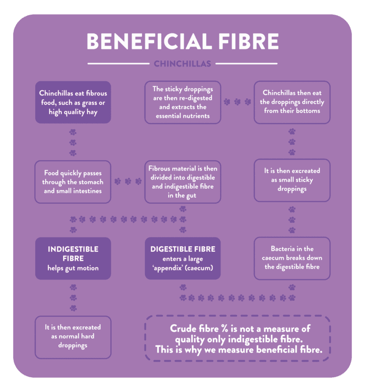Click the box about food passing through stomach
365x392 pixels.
pos(73,182)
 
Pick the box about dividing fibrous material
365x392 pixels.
pos(182,182)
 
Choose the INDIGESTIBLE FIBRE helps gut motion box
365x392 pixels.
pos(73,258)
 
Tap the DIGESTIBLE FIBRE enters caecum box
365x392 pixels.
pos(182,258)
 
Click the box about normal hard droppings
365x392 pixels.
pos(73,336)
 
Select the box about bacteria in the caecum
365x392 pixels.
pos(292,258)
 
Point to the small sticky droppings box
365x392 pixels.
pos(292,180)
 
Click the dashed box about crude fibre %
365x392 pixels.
pos(237,339)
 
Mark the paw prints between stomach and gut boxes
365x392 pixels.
pos(127,182)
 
